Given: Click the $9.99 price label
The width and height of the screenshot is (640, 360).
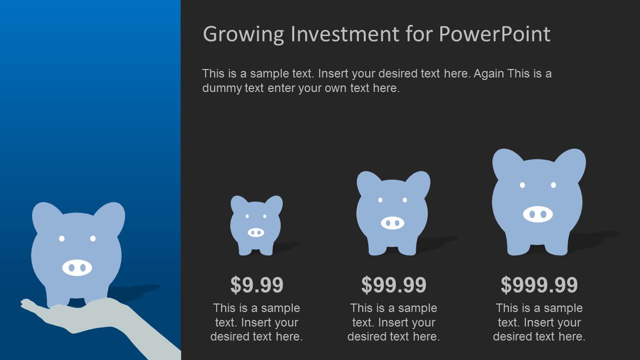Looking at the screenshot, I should tap(257, 285).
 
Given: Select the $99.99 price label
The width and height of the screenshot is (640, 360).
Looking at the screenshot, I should tap(393, 285).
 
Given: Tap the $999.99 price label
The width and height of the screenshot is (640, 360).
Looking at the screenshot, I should tap(539, 285).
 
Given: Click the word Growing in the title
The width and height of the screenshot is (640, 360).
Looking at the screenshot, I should tap(244, 34).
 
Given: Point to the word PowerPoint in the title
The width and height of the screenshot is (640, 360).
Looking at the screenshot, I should tap(494, 34).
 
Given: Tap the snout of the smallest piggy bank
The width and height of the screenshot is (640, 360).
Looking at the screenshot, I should tap(256, 232).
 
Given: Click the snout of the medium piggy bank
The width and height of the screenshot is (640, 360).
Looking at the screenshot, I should tap(392, 222).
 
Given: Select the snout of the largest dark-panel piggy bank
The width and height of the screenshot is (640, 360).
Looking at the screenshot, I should tap(538, 214).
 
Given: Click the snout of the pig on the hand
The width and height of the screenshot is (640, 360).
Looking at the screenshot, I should tap(77, 267).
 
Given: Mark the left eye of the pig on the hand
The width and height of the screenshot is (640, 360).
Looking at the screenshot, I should tap(62, 238).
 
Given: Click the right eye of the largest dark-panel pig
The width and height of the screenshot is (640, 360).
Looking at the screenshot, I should tap(553, 185).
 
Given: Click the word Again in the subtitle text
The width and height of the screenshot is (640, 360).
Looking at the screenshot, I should tap(489, 73).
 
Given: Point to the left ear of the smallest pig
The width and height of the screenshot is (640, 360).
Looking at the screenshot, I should tap(238, 204).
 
